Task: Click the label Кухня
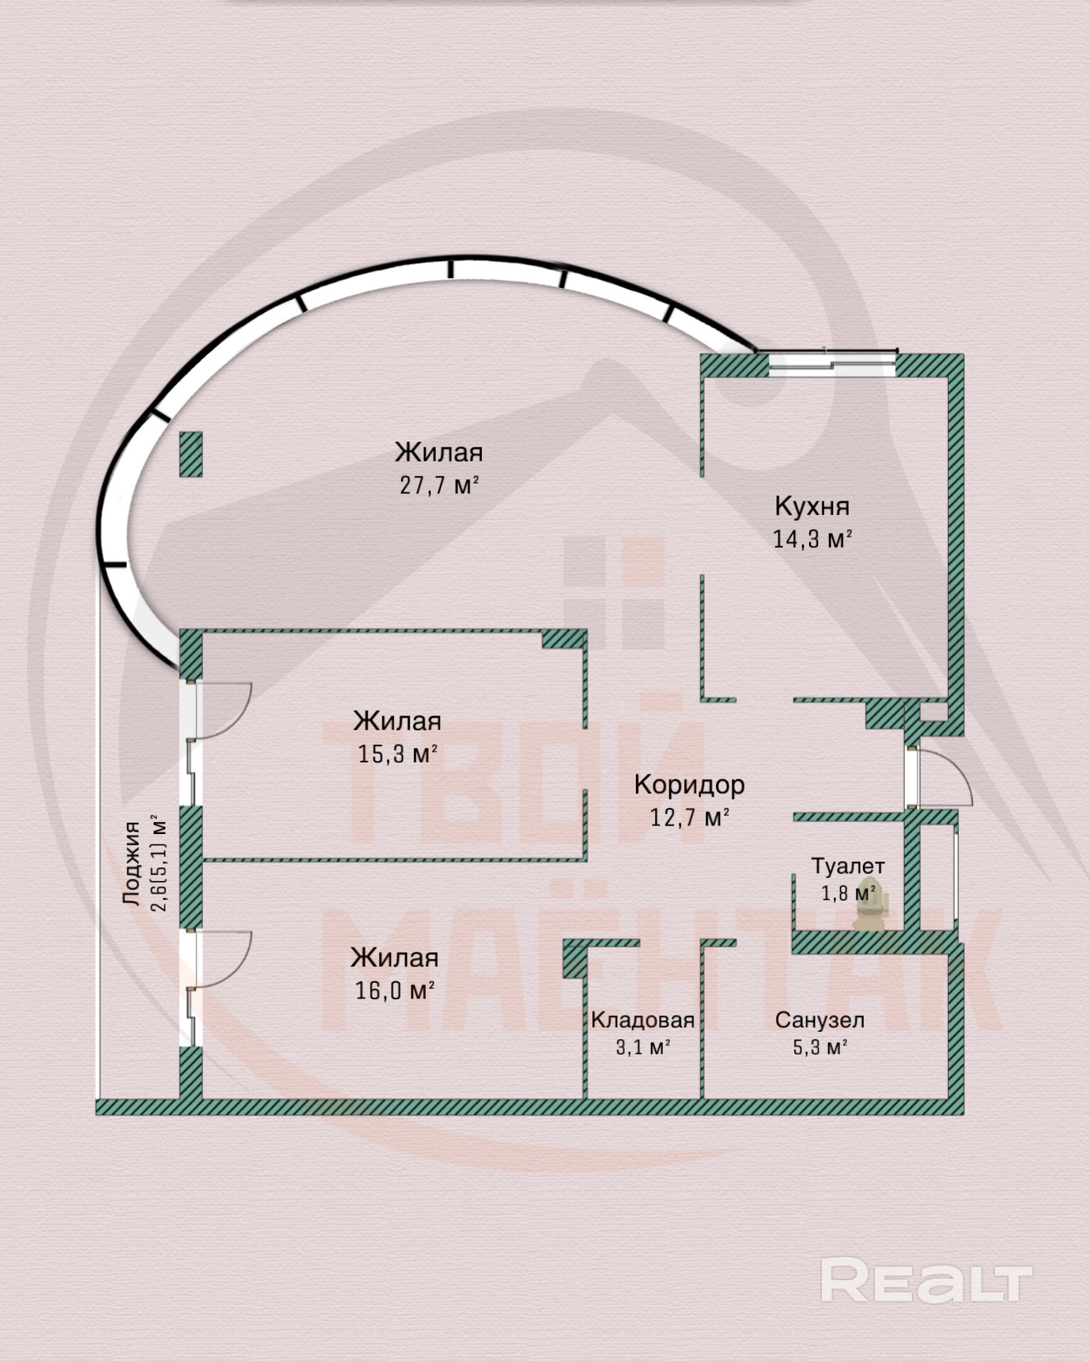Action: click(x=812, y=506)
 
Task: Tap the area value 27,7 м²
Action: click(x=439, y=485)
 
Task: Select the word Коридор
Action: click(x=689, y=784)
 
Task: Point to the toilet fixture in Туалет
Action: click(x=869, y=906)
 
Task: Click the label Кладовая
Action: click(x=642, y=1021)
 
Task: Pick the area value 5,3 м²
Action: click(x=820, y=1048)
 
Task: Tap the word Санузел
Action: click(x=820, y=1021)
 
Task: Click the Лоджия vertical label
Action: click(x=132, y=863)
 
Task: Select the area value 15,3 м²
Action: click(x=397, y=753)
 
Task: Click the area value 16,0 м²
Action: click(x=395, y=990)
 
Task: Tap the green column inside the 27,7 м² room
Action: click(x=190, y=454)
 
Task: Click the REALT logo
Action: click(x=926, y=1279)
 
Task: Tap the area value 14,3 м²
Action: click(x=812, y=539)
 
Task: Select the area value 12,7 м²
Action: click(x=690, y=818)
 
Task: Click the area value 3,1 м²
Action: click(x=643, y=1048)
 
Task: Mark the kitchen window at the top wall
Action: click(x=832, y=361)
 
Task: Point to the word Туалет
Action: click(x=848, y=866)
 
